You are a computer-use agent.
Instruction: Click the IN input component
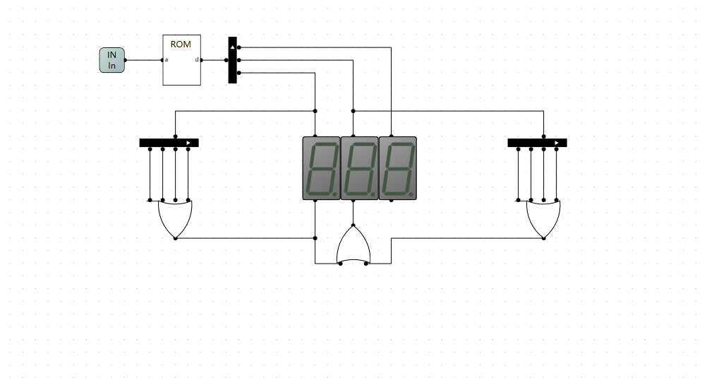tap(111, 60)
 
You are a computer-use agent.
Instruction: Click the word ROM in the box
tap(181, 45)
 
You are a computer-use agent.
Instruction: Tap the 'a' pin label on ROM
tap(167, 60)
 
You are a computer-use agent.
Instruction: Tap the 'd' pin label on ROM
tap(197, 59)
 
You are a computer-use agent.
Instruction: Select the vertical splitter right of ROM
tap(232, 60)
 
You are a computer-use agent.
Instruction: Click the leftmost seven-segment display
tap(322, 168)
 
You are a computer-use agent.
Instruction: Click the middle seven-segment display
tap(360, 168)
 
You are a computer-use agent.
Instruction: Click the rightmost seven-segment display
tap(397, 168)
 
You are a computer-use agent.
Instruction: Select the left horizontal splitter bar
tap(169, 143)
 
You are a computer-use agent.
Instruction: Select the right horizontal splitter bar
tap(537, 143)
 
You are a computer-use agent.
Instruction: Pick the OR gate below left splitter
tap(175, 219)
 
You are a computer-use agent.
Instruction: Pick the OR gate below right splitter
tap(543, 219)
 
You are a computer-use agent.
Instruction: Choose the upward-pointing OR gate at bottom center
tap(353, 244)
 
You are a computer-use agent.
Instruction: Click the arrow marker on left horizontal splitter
tap(188, 143)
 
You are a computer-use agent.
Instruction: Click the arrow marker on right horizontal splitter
tap(557, 143)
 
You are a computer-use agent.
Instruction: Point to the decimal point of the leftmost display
tap(335, 194)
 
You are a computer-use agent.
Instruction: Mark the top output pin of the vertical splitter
tap(238, 47)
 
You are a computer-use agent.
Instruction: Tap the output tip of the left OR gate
tap(175, 238)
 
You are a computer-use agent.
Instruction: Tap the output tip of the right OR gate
tap(543, 238)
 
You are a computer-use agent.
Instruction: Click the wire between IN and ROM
tap(144, 60)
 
